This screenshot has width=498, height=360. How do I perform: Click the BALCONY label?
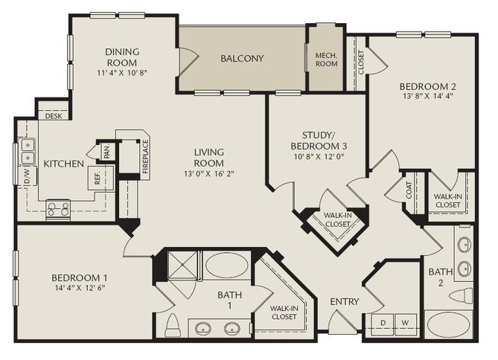tap(242, 58)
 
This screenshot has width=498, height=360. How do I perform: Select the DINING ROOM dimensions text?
tap(122, 74)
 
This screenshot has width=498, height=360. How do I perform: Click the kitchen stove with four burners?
tap(58, 209)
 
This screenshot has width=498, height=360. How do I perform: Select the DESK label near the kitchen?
tap(54, 116)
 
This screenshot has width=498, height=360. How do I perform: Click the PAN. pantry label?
tap(106, 152)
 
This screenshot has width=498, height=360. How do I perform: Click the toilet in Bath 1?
tap(173, 324)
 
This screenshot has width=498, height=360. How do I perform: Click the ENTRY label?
tap(344, 301)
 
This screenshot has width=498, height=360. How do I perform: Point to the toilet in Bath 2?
tap(461, 295)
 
